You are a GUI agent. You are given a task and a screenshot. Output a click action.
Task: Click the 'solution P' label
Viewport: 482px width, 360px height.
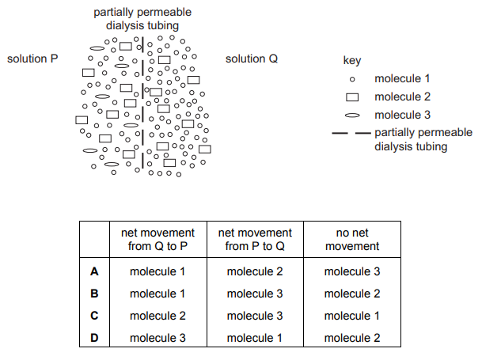pyautogui.click(x=32, y=59)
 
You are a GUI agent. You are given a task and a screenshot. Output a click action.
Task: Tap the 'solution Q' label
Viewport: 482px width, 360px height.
pyautogui.click(x=252, y=59)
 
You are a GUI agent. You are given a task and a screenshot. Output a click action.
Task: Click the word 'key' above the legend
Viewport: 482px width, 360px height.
pyautogui.click(x=352, y=60)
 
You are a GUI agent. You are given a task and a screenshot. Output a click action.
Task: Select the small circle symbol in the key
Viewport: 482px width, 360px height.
pyautogui.click(x=352, y=79)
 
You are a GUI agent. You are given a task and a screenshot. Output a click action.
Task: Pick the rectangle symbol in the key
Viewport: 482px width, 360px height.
pyautogui.click(x=352, y=97)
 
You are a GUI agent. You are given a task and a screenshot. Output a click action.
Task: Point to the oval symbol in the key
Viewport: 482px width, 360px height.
pyautogui.click(x=352, y=116)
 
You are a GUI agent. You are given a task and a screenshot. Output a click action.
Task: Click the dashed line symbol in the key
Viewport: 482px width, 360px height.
pyautogui.click(x=351, y=133)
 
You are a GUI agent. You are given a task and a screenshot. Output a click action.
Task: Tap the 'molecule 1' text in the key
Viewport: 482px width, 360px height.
pyautogui.click(x=402, y=78)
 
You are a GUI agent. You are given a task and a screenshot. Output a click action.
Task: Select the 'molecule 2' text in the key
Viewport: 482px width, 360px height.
pyautogui.click(x=402, y=97)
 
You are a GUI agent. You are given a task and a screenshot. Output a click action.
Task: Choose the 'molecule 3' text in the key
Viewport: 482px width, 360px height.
pyautogui.click(x=402, y=115)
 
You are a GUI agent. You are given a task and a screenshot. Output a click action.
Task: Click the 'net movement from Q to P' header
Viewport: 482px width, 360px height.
pyautogui.click(x=158, y=239)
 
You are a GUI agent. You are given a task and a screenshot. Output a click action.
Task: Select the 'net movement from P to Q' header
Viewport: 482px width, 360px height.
pyautogui.click(x=255, y=239)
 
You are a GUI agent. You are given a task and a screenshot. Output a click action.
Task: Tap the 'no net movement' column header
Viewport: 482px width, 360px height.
pyautogui.click(x=352, y=239)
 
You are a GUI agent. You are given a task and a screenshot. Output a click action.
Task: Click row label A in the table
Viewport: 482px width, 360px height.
pyautogui.click(x=94, y=271)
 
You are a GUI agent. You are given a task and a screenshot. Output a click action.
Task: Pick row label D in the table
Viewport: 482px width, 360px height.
pyautogui.click(x=94, y=338)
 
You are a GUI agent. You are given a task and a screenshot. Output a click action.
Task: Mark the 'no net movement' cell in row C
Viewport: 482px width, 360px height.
pyautogui.click(x=352, y=316)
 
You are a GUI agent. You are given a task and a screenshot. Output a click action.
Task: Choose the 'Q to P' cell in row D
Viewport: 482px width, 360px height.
pyautogui.click(x=158, y=338)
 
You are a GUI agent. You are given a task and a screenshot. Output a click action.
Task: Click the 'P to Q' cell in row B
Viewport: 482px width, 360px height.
pyautogui.click(x=255, y=294)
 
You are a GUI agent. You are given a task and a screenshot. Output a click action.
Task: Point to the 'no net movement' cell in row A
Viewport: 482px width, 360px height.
pyautogui.click(x=352, y=271)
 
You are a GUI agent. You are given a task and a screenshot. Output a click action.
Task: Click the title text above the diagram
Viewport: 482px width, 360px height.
pyautogui.click(x=142, y=19)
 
